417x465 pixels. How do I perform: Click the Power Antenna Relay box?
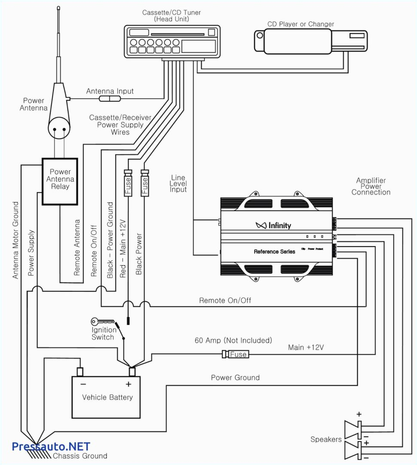[x=60, y=181]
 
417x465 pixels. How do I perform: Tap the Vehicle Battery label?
[x=107, y=397]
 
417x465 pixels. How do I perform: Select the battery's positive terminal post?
[x=132, y=371]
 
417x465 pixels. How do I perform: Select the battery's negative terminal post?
[x=80, y=371]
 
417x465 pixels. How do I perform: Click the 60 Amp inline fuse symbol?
[x=236, y=354]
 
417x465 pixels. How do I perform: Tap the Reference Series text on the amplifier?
[x=274, y=251]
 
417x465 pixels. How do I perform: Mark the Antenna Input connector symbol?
[x=110, y=99]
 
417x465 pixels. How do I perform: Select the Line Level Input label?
[x=178, y=184]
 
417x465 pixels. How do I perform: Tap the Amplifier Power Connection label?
[x=371, y=187]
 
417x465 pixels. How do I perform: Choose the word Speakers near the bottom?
[x=326, y=439]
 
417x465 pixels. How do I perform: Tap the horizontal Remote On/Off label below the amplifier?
[x=225, y=300]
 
